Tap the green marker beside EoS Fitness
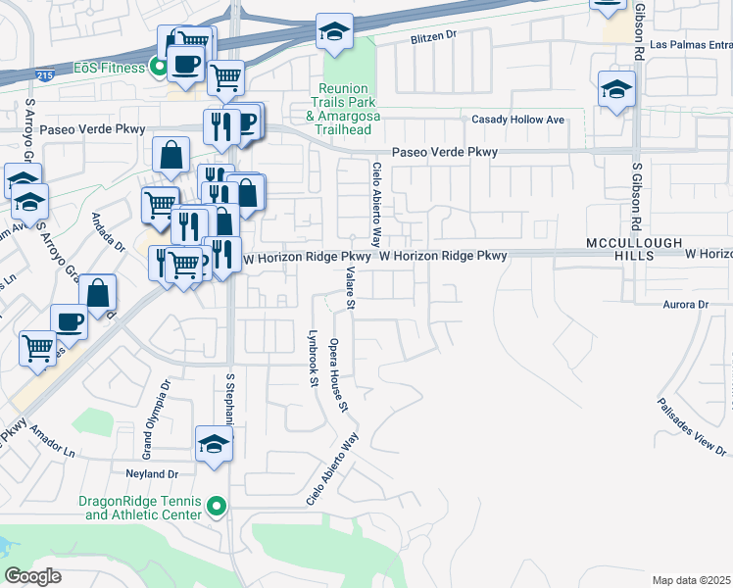tap(156, 68)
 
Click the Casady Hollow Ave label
tap(518, 120)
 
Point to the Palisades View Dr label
tap(692, 426)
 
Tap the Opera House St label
tap(339, 374)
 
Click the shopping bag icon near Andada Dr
tap(98, 291)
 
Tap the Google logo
tap(34, 575)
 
